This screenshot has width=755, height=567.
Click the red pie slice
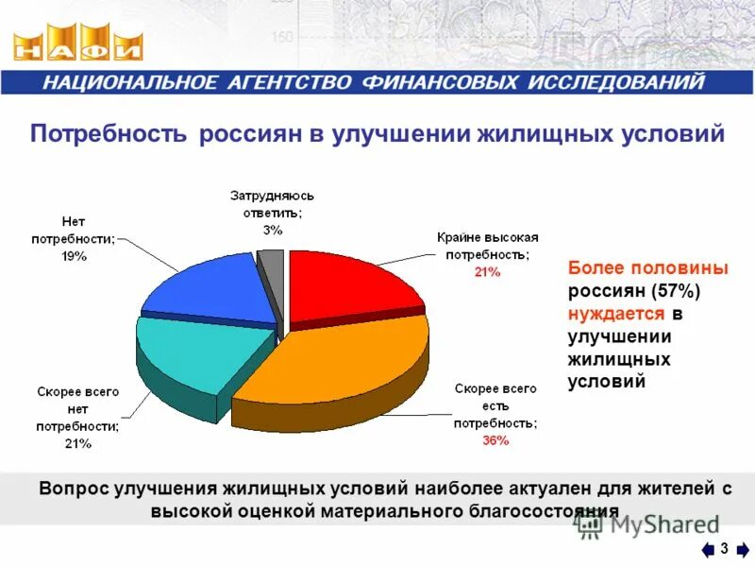[x=349, y=283]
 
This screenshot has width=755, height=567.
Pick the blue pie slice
[x=212, y=288]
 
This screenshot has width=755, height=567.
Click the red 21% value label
[x=487, y=272]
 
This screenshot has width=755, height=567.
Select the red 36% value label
[x=495, y=440]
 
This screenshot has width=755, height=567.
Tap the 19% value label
[x=74, y=257]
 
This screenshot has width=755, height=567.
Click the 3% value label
[x=272, y=230]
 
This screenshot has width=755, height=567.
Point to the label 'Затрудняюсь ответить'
[x=272, y=203]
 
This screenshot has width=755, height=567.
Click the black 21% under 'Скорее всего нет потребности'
[x=78, y=444]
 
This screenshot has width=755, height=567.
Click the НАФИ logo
[x=79, y=45]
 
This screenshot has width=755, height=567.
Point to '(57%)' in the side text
[x=675, y=290]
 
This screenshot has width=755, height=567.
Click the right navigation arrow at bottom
[x=743, y=550]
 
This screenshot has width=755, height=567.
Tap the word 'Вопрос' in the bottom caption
[x=74, y=489]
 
